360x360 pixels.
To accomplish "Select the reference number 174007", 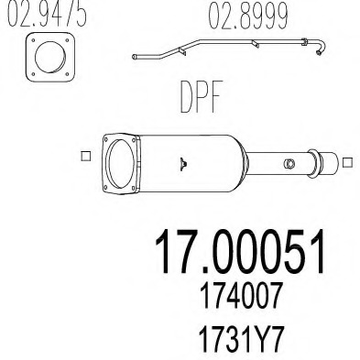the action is tap(240, 295).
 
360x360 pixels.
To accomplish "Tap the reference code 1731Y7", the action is tap(241, 340).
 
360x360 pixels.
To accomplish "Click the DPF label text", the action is tap(201, 97).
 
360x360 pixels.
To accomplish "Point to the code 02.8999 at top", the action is tap(247, 16).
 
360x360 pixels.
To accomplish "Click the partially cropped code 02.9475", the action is tap(47, 12).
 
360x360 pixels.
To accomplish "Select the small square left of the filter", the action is tap(86, 156).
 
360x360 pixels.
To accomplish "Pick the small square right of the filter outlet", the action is tap(347, 162).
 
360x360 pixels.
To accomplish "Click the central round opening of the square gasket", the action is tap(50, 57).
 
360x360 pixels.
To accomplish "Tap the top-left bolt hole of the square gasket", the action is tap(33, 39).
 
